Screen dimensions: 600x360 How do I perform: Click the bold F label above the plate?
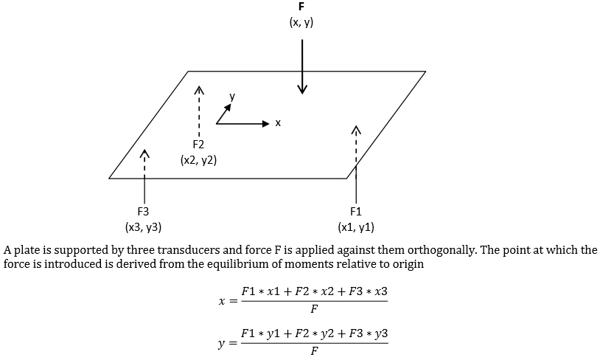click(x=301, y=7)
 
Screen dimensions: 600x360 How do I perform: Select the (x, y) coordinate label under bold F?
click(x=301, y=23)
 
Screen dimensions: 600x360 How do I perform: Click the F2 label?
click(x=198, y=145)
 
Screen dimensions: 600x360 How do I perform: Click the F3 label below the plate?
click(x=143, y=212)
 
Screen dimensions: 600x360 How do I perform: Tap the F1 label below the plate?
click(x=356, y=212)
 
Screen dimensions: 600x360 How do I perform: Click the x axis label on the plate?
click(x=278, y=123)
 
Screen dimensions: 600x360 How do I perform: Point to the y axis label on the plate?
click(x=232, y=97)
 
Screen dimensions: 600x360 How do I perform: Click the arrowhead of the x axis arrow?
click(x=266, y=123)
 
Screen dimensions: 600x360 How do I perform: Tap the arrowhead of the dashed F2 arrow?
click(x=199, y=89)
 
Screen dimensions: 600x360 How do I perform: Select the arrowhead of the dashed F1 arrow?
click(x=356, y=130)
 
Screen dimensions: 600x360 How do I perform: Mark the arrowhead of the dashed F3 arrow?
click(x=144, y=153)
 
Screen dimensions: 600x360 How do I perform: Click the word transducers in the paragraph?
click(x=188, y=250)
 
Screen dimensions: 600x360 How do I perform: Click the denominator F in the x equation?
click(x=315, y=309)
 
